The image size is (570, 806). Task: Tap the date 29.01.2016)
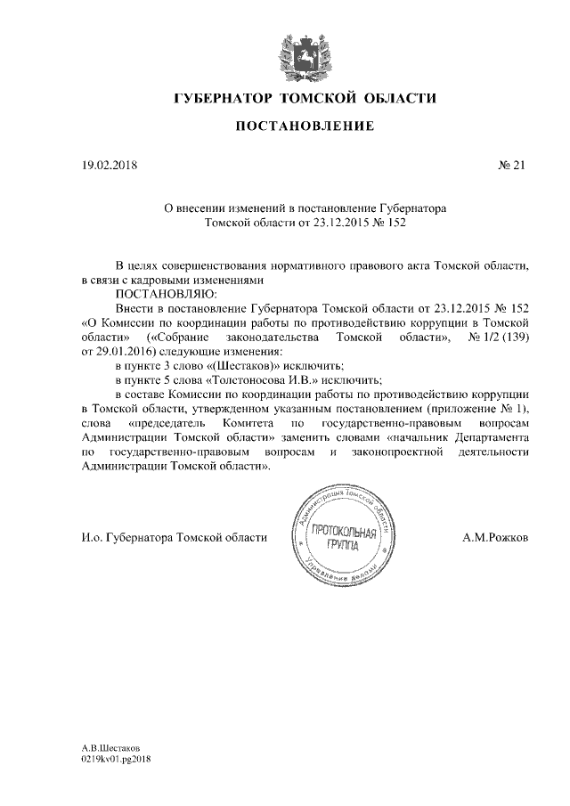112,353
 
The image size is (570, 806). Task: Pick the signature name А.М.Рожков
495,539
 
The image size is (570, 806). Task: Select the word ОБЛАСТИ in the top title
398,97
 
